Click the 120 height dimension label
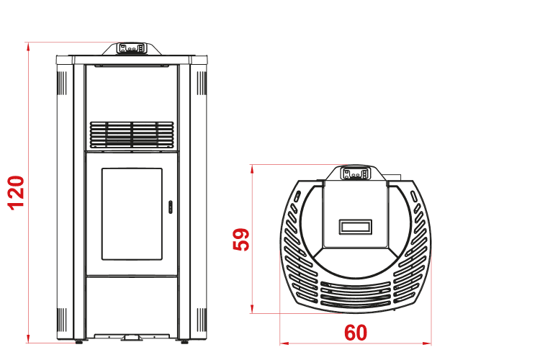coord(16,193)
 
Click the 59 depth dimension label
coord(241,240)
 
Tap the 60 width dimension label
coord(356,333)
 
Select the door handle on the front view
coord(170,207)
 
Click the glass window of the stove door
coord(132,214)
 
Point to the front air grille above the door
coord(132,135)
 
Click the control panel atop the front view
coord(131,48)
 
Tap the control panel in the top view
coord(355,174)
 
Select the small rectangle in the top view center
coord(356,227)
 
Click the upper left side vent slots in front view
coord(62,83)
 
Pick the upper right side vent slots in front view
coord(202,83)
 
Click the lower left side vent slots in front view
coord(62,320)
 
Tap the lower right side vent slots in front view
coord(202,320)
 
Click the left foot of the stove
coord(79,342)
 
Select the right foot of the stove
coord(184,342)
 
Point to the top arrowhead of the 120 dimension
coord(28,47)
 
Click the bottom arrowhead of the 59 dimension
coord(252,309)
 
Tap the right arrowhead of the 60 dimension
coord(427,343)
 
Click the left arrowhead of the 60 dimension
coord(284,343)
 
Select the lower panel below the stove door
coord(132,305)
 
